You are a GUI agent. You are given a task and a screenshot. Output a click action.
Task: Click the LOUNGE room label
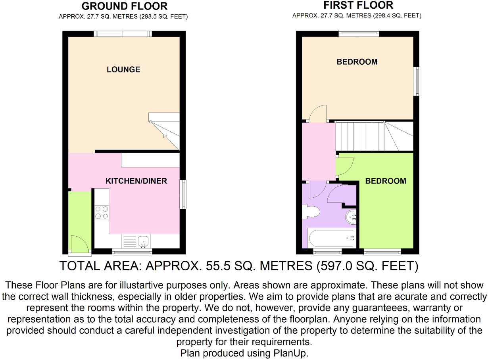point(123,69)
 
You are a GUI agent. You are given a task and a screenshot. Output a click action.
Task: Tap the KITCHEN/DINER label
point(136,181)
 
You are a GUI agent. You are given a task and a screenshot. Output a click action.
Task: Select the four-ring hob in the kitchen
point(102,213)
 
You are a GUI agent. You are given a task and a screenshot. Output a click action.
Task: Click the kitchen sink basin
point(143,241)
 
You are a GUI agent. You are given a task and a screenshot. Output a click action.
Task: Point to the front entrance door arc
point(78,243)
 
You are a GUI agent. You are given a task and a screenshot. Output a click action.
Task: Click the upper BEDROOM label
point(357,62)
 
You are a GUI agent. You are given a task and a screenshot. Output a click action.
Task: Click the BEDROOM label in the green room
point(386,181)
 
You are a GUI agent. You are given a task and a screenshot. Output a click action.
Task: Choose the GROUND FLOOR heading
point(125,6)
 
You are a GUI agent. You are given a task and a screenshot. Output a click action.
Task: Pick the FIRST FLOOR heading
point(358,5)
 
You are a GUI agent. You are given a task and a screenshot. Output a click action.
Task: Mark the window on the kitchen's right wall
point(183,194)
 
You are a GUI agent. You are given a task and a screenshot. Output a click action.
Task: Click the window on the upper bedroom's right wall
point(416,81)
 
